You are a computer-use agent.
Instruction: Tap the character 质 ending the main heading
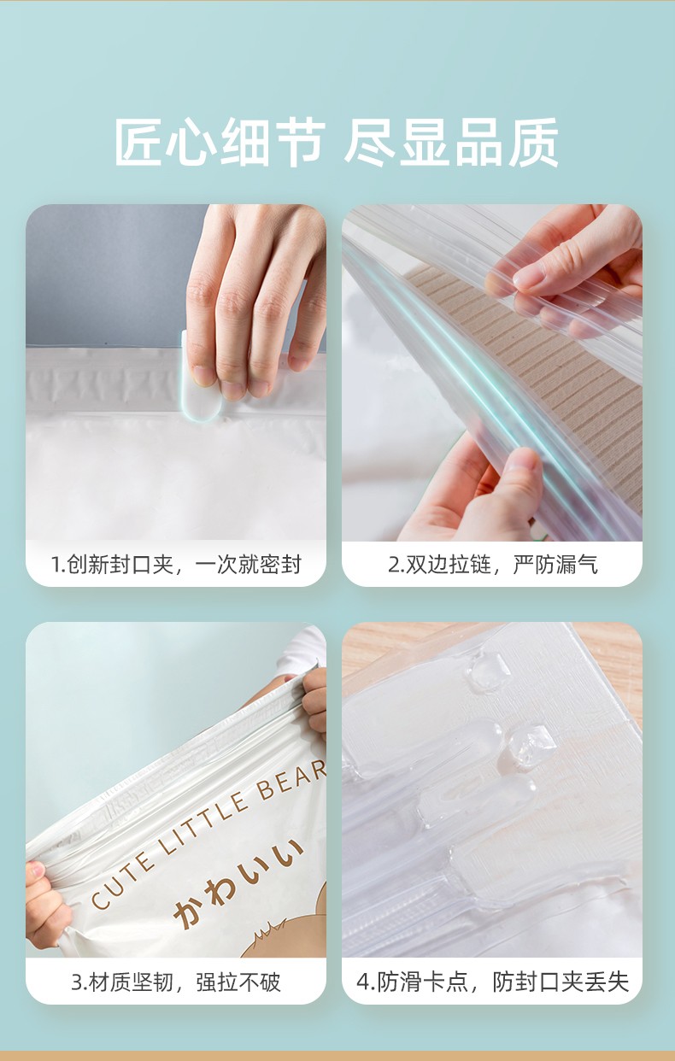[x=534, y=142]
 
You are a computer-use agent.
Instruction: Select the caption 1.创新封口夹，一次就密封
[x=176, y=565]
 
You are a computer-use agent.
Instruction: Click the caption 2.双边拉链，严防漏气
[x=493, y=565]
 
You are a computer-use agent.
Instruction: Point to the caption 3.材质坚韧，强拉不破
[x=176, y=982]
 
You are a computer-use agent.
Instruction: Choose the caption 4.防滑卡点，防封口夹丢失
[x=493, y=982]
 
